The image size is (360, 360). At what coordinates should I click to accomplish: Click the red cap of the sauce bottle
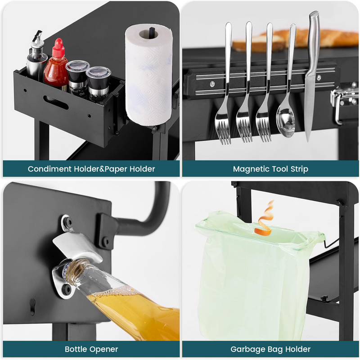point(58,48)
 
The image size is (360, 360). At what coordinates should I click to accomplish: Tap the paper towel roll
point(149,75)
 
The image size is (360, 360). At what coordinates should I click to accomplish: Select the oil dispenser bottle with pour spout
point(36,57)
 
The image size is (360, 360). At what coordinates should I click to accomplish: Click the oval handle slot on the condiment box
point(56,103)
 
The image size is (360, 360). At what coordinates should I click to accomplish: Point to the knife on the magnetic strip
point(312,76)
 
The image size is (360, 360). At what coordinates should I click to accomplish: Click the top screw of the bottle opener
point(68,222)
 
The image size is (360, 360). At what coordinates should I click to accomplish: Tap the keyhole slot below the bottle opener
point(33,306)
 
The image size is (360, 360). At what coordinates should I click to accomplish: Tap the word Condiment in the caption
point(49,169)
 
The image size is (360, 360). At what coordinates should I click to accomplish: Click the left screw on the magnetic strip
point(212,84)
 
